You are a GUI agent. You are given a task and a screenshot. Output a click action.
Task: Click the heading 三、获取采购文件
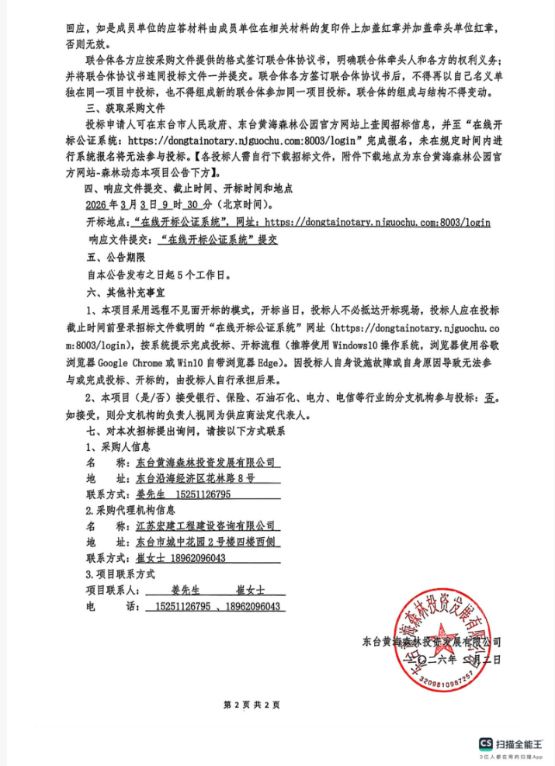click(x=123, y=107)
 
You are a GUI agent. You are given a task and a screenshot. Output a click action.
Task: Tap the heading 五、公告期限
click(x=112, y=257)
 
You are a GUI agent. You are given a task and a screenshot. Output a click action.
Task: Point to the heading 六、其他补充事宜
click(x=123, y=292)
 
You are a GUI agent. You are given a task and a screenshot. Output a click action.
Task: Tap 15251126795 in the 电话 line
click(x=183, y=606)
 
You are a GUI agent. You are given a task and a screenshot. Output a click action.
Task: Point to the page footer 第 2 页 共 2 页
click(x=251, y=705)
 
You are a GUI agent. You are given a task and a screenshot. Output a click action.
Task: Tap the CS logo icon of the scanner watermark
click(x=487, y=743)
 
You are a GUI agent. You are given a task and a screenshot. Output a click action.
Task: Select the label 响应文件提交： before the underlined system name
click(x=120, y=240)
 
